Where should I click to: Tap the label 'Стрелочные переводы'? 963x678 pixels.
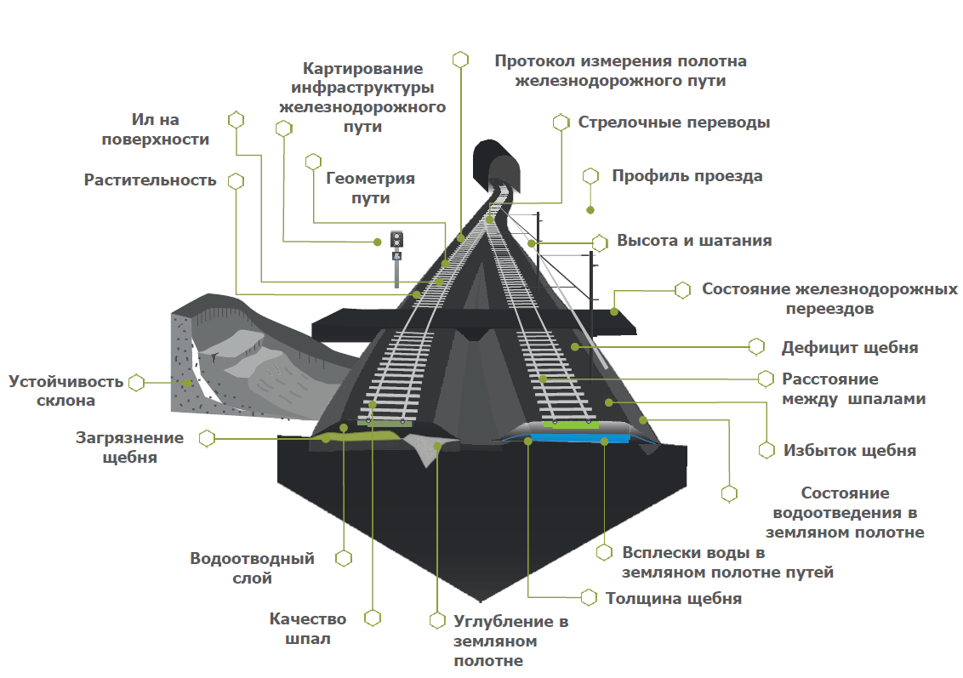[x=674, y=122]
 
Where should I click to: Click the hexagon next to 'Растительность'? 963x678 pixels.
[x=236, y=181]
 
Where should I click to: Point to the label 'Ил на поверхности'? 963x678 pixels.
[x=155, y=130]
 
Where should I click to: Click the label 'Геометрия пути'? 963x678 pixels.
[x=370, y=188]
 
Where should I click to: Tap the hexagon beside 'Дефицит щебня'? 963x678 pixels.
[x=755, y=347]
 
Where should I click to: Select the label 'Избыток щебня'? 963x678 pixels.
[x=849, y=451]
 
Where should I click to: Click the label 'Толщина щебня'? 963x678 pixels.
[x=673, y=599]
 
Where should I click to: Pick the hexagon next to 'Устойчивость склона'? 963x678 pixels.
[x=136, y=383]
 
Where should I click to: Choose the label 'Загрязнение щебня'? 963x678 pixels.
[x=129, y=447]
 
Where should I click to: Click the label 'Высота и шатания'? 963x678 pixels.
[x=694, y=241]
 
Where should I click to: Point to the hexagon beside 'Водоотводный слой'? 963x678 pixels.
[x=344, y=558]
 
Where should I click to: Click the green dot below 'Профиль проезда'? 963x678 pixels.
[x=590, y=209]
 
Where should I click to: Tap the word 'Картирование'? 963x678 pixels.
[x=363, y=69]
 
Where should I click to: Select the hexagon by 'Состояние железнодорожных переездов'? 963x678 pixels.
[x=682, y=290]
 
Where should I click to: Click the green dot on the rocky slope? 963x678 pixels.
[x=187, y=383]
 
